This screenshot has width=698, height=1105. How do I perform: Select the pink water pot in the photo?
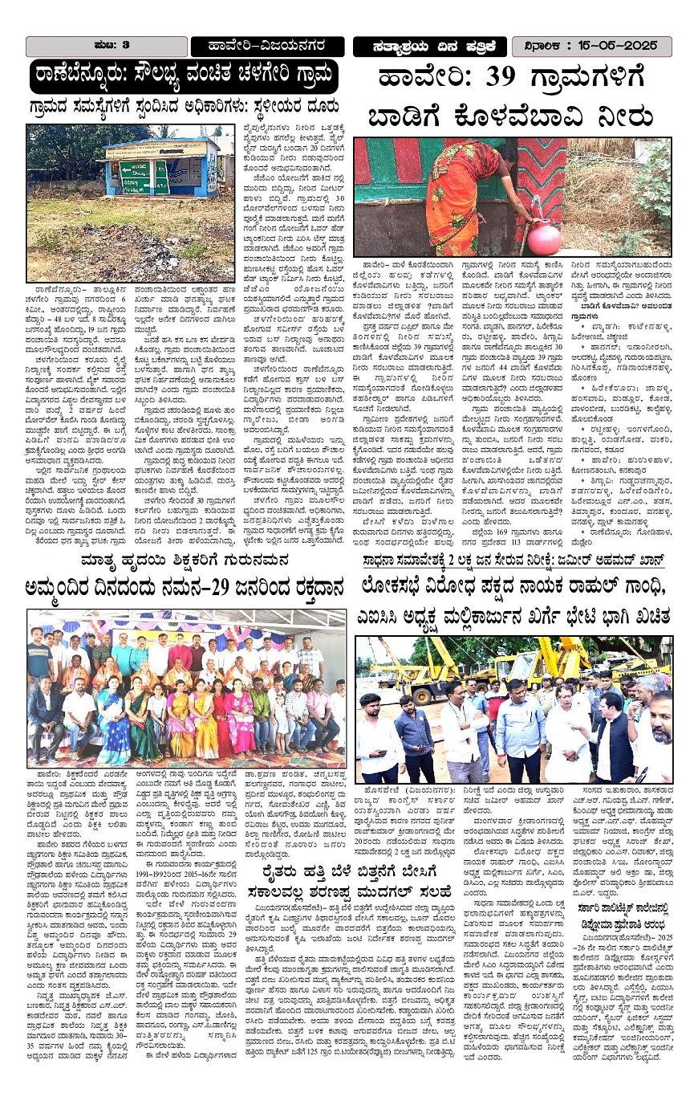[545, 239]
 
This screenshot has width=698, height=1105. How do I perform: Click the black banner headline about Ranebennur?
[184, 77]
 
